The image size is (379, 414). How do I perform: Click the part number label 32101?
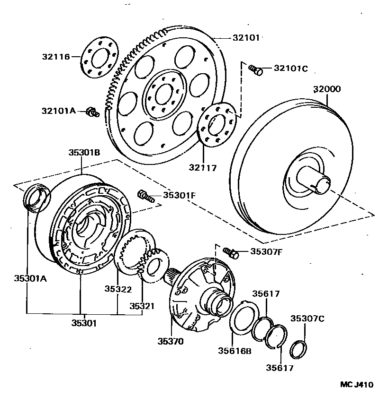click(x=246, y=37)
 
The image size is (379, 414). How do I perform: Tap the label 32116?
click(x=55, y=57)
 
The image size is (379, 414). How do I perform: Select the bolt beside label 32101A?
click(x=91, y=112)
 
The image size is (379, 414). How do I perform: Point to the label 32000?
click(x=327, y=89)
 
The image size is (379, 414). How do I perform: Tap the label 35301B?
click(x=84, y=152)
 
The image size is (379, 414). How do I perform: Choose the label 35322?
click(x=118, y=288)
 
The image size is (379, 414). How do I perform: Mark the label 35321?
click(x=142, y=306)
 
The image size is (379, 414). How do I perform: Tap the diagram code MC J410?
click(x=357, y=384)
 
